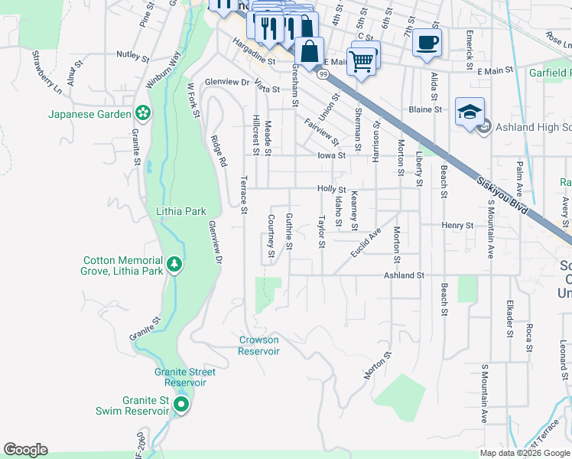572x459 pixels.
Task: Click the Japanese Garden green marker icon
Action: coord(142,113)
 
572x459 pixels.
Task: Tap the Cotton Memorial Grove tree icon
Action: coord(175,265)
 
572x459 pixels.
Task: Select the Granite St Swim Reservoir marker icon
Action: coord(181,405)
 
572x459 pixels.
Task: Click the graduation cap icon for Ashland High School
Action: coord(468,112)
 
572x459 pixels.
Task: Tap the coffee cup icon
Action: coord(427,41)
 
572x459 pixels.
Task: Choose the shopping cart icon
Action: coord(362,60)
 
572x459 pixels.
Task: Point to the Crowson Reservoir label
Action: coord(258,346)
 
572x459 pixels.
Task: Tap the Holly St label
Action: coord(332,189)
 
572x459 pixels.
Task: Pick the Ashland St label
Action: coord(404,275)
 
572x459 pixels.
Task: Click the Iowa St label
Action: coord(332,155)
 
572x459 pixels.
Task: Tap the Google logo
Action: coord(25,450)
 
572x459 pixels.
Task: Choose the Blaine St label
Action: coord(425,109)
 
